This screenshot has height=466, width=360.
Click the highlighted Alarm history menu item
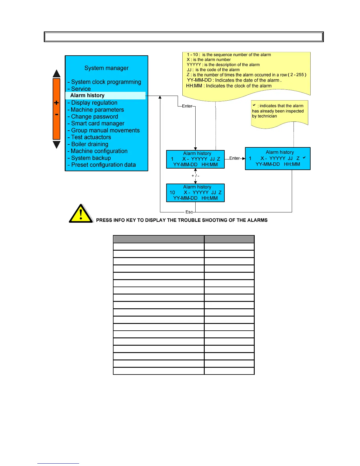pyautogui.click(x=87, y=96)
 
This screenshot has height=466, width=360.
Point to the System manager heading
pyautogui.click(x=106, y=68)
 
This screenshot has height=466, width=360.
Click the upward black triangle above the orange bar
pyautogui.click(x=56, y=74)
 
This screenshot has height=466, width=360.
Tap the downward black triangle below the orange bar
pyautogui.click(x=56, y=144)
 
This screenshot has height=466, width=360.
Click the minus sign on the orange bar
pyautogui.click(x=56, y=114)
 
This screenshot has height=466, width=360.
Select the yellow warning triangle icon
pyautogui.click(x=81, y=214)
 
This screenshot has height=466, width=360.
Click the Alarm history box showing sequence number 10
pyautogui.click(x=195, y=193)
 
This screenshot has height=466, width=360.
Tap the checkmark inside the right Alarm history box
pyautogui.click(x=304, y=158)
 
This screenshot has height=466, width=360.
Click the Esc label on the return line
pyautogui.click(x=189, y=212)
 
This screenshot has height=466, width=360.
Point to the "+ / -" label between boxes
pyautogui.click(x=195, y=176)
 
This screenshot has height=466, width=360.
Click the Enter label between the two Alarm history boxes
pyautogui.click(x=234, y=158)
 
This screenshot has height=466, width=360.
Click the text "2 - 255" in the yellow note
pyautogui.click(x=297, y=75)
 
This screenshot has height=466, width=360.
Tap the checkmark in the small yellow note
pyautogui.click(x=254, y=105)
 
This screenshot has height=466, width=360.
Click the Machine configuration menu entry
pyautogui.click(x=99, y=151)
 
